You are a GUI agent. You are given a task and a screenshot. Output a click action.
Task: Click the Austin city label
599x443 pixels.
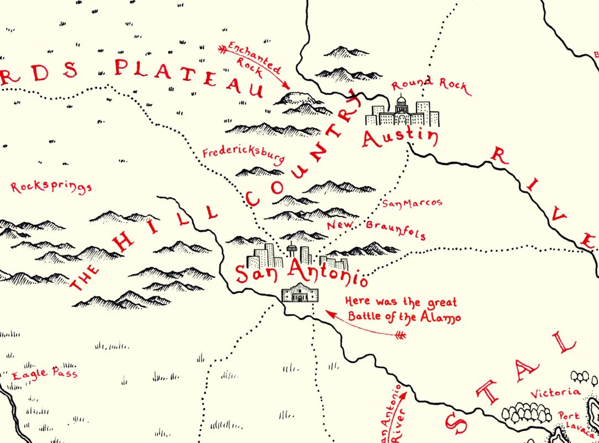pos(400,138)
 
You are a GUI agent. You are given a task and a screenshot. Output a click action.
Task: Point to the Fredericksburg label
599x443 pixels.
pos(243,156)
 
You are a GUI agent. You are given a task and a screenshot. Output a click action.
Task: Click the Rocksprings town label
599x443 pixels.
pos(51,187)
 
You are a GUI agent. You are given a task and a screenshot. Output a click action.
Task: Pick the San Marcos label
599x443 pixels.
pos(412,203)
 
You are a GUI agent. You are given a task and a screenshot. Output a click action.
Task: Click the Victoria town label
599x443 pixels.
pos(555,393)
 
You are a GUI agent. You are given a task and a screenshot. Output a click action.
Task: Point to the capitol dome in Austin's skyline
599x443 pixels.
pos(401,103)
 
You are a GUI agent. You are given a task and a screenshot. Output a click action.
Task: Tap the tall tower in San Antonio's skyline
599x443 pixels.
pos(291,254)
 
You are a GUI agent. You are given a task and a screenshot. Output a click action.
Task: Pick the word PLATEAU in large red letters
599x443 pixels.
pos(188,77)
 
